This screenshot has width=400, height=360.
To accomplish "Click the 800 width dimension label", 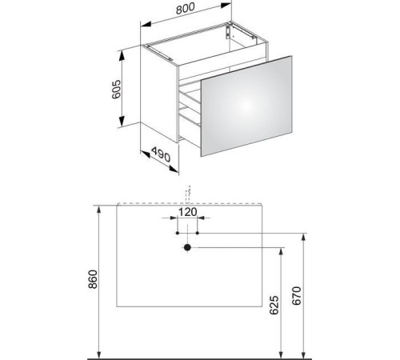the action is pyautogui.click(x=186, y=8).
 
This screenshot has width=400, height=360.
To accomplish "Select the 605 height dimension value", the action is pyautogui.click(x=116, y=90).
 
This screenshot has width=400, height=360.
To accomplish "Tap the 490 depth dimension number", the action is pyautogui.click(x=161, y=154).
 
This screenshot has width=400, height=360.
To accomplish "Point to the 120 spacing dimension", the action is pyautogui.click(x=187, y=212).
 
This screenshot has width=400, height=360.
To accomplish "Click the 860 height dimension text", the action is pyautogui.click(x=93, y=279).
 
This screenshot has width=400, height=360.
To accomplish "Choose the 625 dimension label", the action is pyautogui.click(x=274, y=305).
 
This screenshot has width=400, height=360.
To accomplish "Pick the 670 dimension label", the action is pyautogui.click(x=296, y=295).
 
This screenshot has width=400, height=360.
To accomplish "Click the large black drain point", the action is pyautogui.click(x=187, y=247).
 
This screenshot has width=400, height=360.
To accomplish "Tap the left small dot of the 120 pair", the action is pyautogui.click(x=178, y=233).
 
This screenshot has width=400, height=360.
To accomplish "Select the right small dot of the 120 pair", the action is pyautogui.click(x=198, y=233).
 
